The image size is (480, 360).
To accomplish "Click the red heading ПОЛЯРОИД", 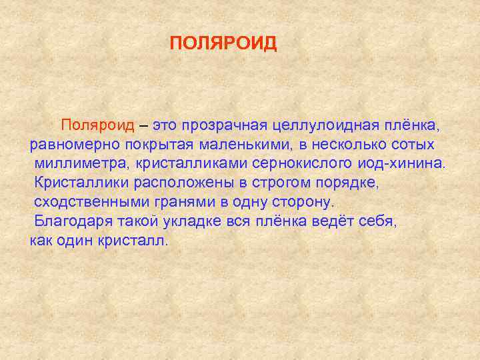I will point(223,44).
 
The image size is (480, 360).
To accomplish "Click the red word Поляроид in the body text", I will point(98,125).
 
